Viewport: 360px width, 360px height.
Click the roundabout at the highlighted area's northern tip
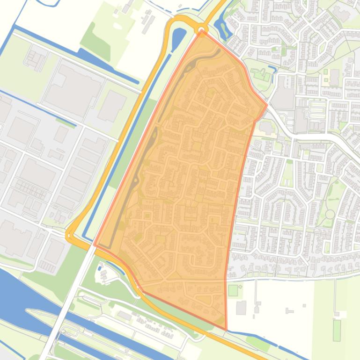point(202,29)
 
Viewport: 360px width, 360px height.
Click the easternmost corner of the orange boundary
point(267,105)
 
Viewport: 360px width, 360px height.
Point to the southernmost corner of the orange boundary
point(226,330)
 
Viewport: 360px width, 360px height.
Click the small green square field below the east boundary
point(233,290)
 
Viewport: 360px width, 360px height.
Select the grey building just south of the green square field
point(241,308)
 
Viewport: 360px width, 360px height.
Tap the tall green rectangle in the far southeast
point(337,330)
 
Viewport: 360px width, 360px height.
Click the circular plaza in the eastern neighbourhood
point(330,214)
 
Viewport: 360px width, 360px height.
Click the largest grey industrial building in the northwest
point(73,87)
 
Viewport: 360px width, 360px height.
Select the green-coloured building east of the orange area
point(259,74)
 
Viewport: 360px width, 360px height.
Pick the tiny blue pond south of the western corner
point(100,268)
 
